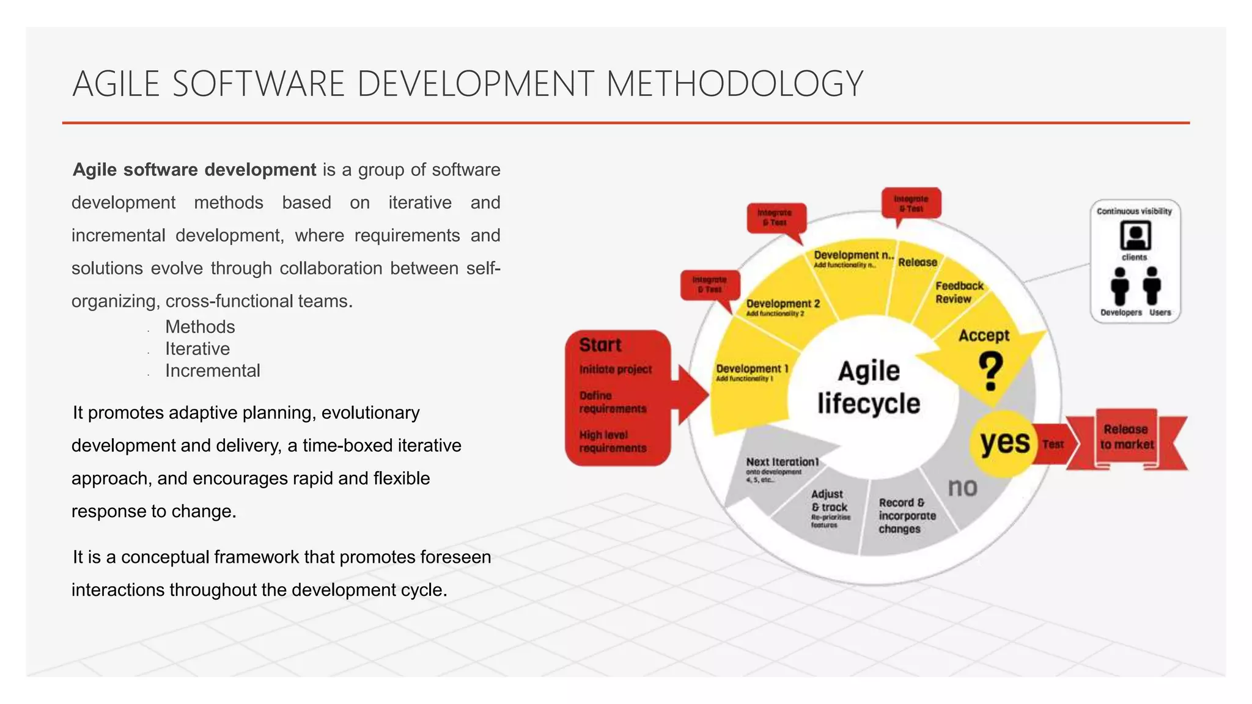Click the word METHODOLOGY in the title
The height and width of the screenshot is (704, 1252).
click(x=734, y=84)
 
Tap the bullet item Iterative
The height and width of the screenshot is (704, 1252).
click(x=197, y=349)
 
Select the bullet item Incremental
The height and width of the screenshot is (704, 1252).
click(x=212, y=371)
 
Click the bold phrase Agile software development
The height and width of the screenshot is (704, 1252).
click(x=194, y=170)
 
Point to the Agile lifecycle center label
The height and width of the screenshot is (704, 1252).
click(x=869, y=387)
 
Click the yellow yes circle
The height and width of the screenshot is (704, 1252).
click(x=1004, y=442)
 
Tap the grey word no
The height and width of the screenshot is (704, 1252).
click(x=962, y=488)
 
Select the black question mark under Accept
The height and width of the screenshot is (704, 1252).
click(x=990, y=372)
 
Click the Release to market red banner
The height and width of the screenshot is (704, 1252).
click(x=1127, y=438)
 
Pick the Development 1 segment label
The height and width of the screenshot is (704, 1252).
click(x=752, y=369)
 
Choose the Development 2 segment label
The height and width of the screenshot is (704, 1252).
click(x=782, y=304)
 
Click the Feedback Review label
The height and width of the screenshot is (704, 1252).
click(x=959, y=293)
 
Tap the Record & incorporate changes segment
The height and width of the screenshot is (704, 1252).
click(x=907, y=516)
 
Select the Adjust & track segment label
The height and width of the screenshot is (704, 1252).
click(x=828, y=501)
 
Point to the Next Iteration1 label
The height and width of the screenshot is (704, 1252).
click(x=782, y=462)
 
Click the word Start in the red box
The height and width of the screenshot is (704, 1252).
click(x=600, y=345)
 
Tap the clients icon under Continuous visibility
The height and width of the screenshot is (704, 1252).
click(x=1135, y=235)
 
